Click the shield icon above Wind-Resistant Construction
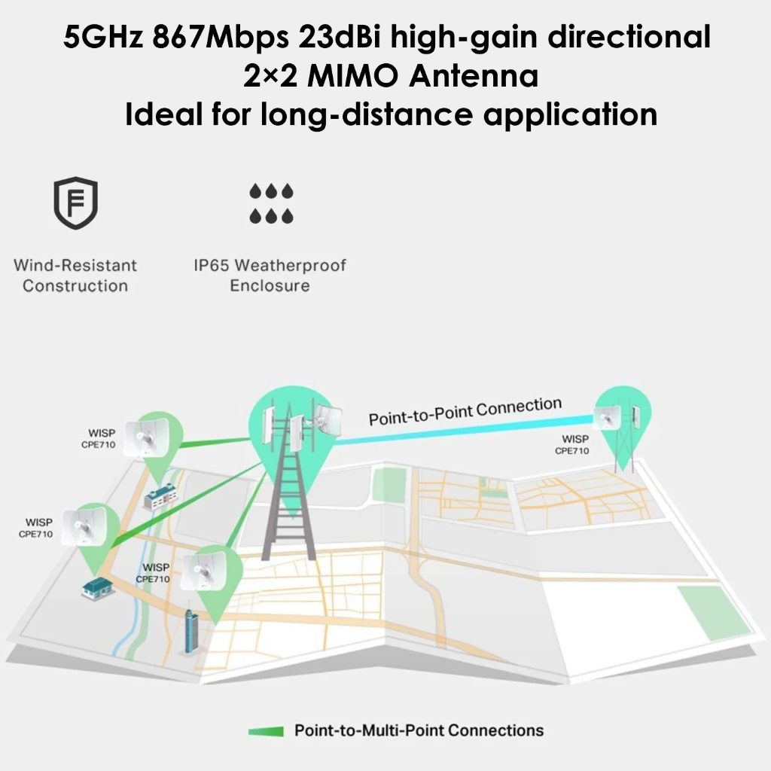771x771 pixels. [75, 203]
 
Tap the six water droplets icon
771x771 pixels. [271, 203]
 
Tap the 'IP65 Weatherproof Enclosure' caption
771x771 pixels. [270, 276]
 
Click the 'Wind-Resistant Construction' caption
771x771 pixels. [75, 276]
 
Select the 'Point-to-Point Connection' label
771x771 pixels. [465, 411]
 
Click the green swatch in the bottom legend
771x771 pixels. [266, 730]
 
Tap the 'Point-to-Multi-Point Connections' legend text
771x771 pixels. [419, 730]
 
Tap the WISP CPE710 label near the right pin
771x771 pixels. [574, 444]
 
